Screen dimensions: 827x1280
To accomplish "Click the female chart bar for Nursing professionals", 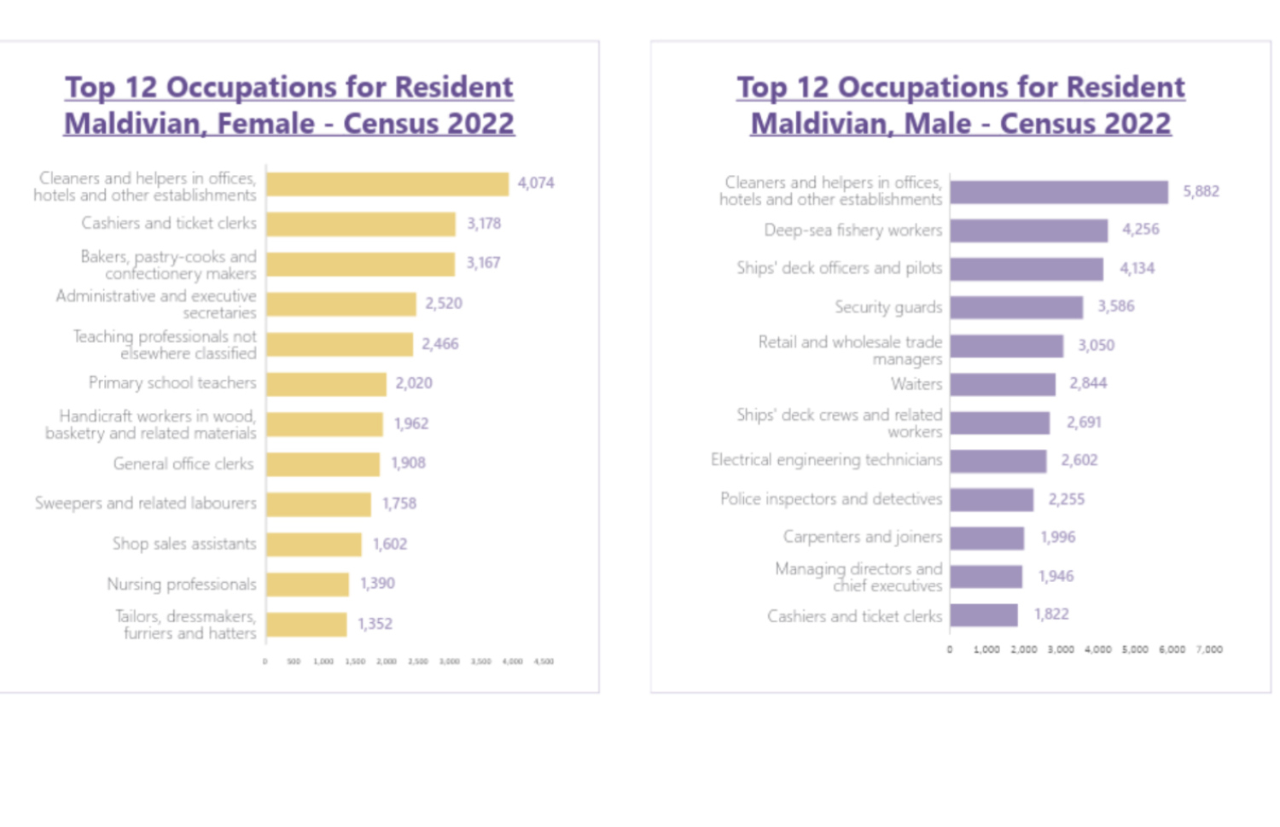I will [307, 585].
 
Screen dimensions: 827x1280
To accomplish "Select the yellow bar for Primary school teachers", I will [326, 384].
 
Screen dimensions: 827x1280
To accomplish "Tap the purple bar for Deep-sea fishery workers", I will [1028, 230].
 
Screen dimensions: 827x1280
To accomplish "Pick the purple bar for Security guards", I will [1016, 307].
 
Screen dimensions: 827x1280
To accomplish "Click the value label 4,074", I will [536, 183].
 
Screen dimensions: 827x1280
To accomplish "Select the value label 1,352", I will [375, 624].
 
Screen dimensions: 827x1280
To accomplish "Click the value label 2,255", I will [1066, 499].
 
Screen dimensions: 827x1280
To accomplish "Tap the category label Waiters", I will [916, 384].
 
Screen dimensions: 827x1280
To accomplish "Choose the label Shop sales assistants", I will [184, 544].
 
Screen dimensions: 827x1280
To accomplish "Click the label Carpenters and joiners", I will [863, 537].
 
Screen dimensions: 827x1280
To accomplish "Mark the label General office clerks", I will [183, 464].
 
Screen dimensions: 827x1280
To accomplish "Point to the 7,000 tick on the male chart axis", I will [1209, 649].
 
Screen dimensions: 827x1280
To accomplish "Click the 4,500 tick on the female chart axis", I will [544, 661].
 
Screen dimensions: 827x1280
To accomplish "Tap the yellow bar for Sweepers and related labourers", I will [318, 504].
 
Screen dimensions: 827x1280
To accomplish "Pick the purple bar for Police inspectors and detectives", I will [992, 499].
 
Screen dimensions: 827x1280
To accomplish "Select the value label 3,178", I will [483, 224].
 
